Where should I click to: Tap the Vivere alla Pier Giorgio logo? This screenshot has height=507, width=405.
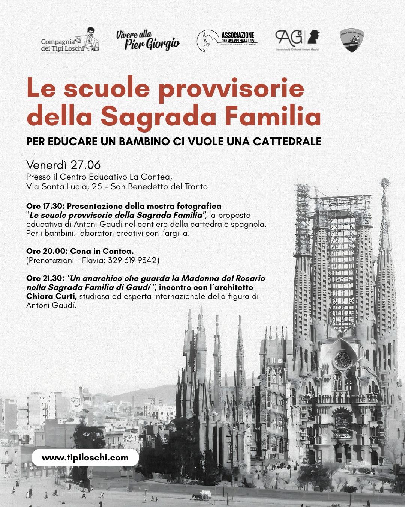[148, 40]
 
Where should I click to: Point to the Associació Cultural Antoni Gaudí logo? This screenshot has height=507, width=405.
[298, 40]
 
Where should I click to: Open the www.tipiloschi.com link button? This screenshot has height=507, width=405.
[85, 458]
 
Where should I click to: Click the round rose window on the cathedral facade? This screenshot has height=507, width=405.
[343, 359]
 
